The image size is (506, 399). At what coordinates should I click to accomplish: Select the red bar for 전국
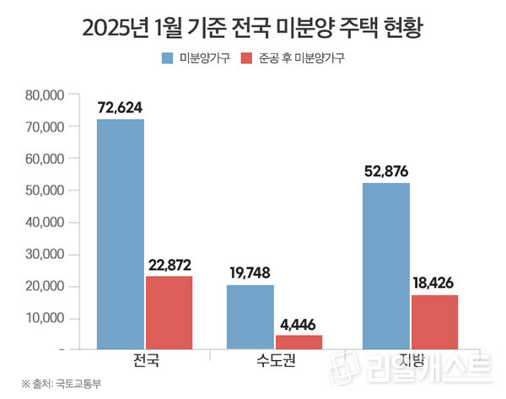pos(169,312)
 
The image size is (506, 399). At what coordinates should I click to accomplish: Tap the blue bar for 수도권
pos(251,316)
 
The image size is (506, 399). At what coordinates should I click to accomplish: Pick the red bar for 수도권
pos(299,342)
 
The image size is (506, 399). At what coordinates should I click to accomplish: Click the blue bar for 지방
pos(385,265)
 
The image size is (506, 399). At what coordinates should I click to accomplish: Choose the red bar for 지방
pos(434,321)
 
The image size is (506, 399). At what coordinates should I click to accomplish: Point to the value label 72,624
pos(121,108)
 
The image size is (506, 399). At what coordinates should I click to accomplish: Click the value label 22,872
pos(169,263)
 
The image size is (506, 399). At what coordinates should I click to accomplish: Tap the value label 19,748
pos(250,272)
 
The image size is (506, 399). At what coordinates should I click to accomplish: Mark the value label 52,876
pos(385,171)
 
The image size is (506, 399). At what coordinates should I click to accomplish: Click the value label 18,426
pos(434,282)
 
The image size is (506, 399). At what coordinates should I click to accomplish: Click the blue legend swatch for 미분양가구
pos(167,58)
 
